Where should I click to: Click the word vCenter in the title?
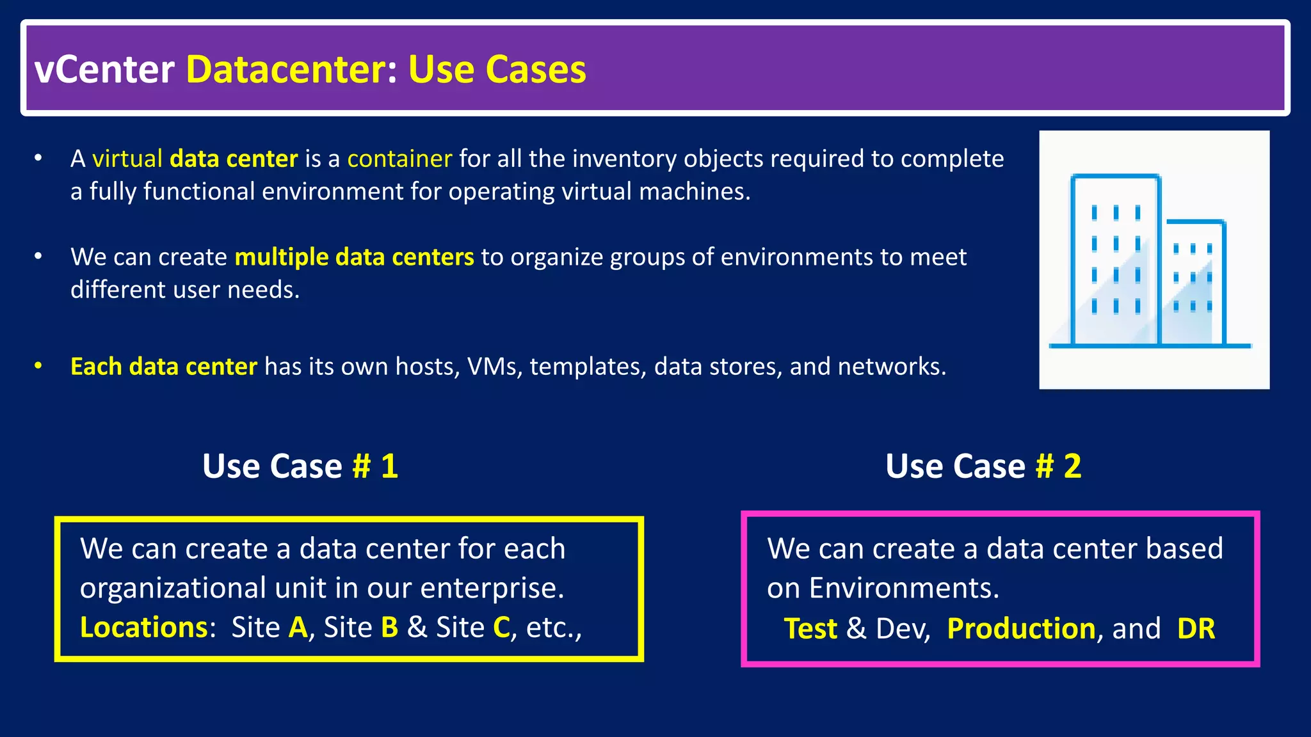point(104,69)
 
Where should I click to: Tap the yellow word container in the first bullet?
point(399,159)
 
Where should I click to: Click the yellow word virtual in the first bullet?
point(127,159)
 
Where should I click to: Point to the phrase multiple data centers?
point(354,257)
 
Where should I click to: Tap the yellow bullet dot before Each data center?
point(38,366)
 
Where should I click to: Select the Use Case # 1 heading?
point(300,466)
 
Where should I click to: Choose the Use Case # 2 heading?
point(983,466)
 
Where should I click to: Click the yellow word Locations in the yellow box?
point(144,628)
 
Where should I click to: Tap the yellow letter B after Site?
point(389,628)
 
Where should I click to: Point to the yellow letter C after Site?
point(501,628)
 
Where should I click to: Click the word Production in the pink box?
point(1021,629)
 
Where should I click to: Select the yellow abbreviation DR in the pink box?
point(1196,629)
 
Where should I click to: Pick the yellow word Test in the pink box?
point(810,629)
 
